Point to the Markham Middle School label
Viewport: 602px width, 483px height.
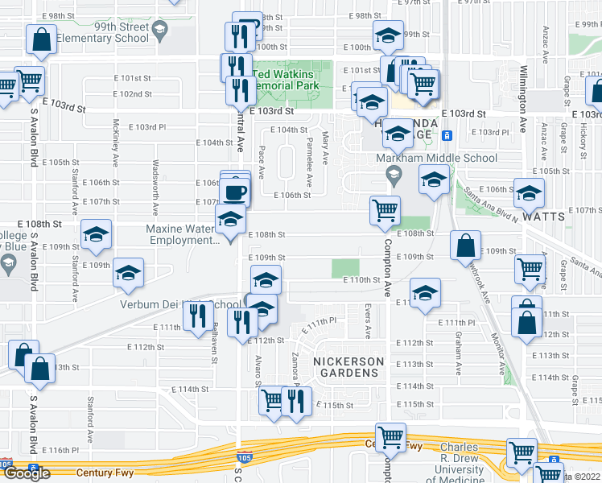[437, 159]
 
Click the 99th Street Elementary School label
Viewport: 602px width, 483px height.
[120, 32]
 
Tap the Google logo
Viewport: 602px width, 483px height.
[27, 474]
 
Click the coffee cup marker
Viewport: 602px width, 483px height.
[235, 193]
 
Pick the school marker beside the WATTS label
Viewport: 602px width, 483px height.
[529, 194]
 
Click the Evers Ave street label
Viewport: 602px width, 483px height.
[367, 320]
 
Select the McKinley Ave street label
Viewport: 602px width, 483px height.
[117, 137]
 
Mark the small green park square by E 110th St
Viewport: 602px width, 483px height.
[346, 268]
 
